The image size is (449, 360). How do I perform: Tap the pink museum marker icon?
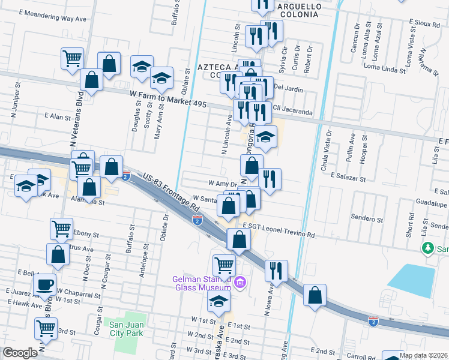coord(240,281)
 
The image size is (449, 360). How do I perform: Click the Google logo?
coord(20,353)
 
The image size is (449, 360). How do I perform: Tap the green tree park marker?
coord(427,248)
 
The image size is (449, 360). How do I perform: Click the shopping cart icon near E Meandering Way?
coord(72,59)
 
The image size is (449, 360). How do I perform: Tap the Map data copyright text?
coord(424,355)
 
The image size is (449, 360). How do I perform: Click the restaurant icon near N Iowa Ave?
coord(277,270)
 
